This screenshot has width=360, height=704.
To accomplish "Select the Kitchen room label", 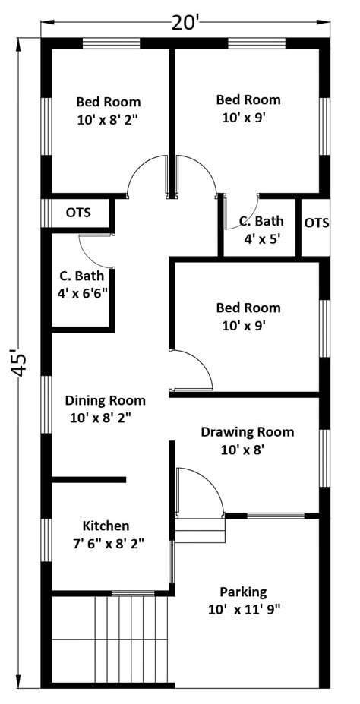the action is (106, 526).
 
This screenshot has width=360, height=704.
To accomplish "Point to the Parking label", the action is (243, 592).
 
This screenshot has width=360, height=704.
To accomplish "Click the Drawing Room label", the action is (248, 432).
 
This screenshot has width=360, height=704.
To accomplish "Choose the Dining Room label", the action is (106, 400).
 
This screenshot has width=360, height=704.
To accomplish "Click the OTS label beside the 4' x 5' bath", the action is (317, 223).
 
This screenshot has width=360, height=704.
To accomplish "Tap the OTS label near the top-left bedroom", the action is (78, 212).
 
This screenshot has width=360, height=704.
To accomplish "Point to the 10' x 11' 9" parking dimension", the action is (245, 609).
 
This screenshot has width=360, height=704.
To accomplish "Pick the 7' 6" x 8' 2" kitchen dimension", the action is (108, 543).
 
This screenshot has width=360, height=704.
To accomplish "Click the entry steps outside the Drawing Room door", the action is (200, 531).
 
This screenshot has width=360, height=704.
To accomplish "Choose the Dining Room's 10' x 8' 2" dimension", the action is (101, 418).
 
